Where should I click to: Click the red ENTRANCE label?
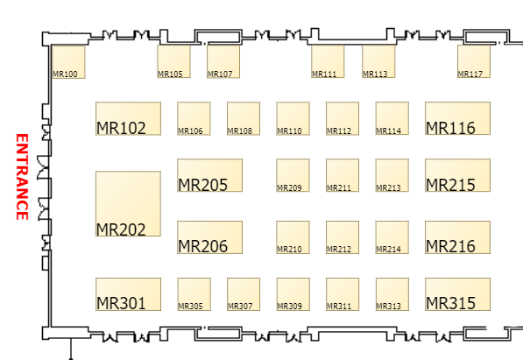tap(22, 177)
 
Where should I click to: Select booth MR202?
tap(128, 204)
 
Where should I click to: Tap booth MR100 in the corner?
tap(68, 62)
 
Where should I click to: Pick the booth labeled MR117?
tap(474, 61)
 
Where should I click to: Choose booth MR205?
tap(209, 175)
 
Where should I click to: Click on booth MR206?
tap(209, 237)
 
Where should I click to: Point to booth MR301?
tap(128, 294)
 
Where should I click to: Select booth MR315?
tap(457, 294)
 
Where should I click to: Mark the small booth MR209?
tap(293, 175)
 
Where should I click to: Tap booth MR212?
tap(343, 237)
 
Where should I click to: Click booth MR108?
tap(244, 118)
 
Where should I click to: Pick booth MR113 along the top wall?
tap(378, 61)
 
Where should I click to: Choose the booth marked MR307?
tap(244, 294)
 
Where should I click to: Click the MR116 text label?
tap(450, 128)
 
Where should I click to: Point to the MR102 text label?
tap(121, 128)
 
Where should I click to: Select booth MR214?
tap(392, 237)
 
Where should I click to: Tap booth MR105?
tap(173, 61)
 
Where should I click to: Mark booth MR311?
tap(343, 294)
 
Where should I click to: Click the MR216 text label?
tap(450, 246)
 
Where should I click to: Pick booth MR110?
tap(293, 118)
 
